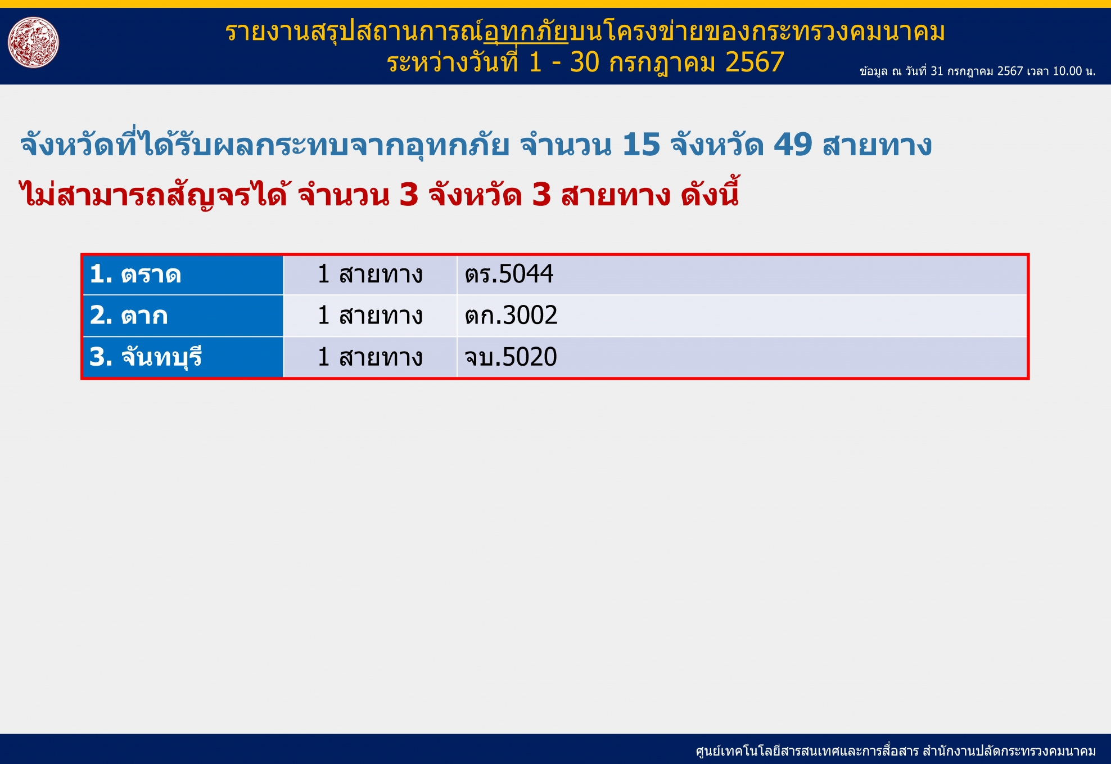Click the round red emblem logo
33,42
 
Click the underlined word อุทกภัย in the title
526,33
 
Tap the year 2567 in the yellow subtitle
755,62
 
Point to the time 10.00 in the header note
1067,71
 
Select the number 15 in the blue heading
641,145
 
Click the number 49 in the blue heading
793,145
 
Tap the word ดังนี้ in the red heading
710,193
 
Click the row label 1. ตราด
136,275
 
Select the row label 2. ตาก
129,316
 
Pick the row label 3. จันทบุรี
146,357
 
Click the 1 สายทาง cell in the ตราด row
370,275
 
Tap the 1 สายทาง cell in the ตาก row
370,316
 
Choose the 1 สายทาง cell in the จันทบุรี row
370,357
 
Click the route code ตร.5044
509,275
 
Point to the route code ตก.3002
511,316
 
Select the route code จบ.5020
511,357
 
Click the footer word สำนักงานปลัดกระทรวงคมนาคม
1009,751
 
